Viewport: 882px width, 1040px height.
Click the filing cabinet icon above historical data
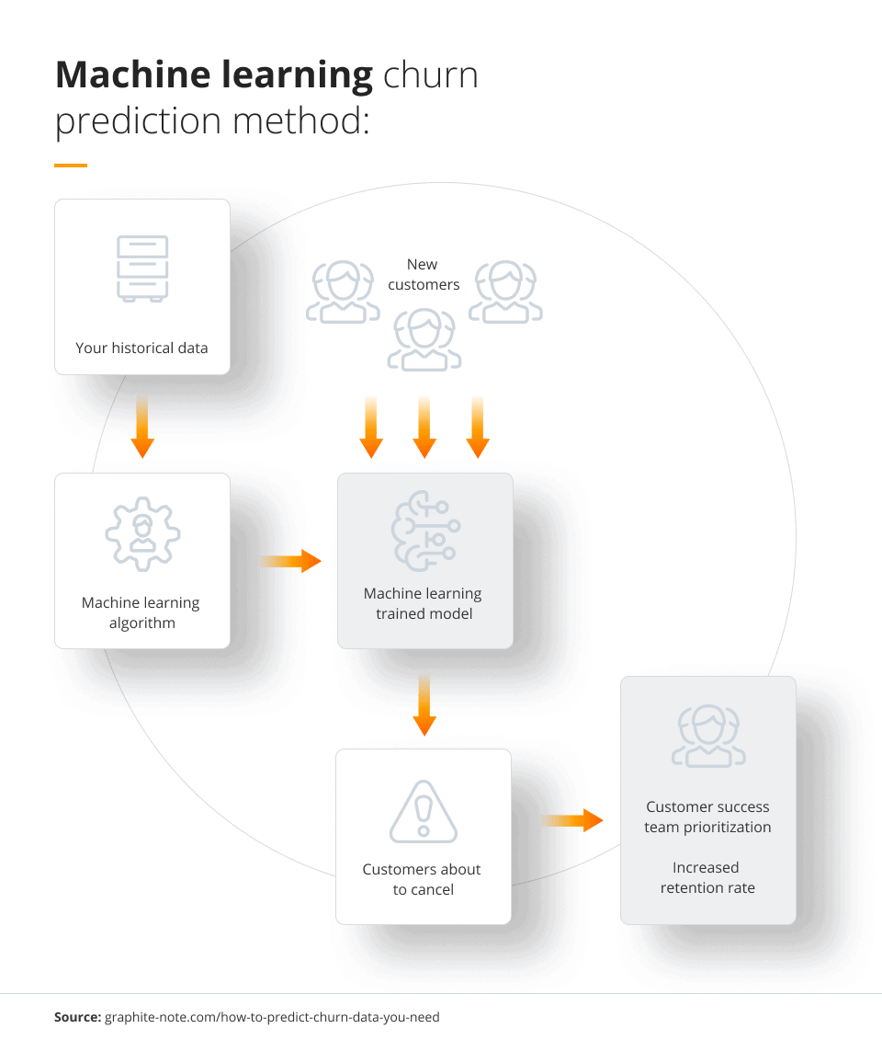[142, 269]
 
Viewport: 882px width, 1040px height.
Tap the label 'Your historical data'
[141, 348]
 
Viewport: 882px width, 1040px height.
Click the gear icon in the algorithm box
[142, 534]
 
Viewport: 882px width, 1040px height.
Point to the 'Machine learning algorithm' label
[141, 612]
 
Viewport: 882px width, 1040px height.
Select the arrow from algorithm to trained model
[290, 561]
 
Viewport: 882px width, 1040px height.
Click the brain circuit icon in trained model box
[424, 532]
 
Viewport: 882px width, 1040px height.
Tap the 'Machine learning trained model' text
[424, 603]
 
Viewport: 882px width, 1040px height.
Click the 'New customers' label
[423, 274]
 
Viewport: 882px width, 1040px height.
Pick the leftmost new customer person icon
[342, 292]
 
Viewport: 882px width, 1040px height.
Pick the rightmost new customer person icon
[505, 292]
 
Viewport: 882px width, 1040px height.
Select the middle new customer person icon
[424, 339]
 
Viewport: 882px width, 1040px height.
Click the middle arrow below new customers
[424, 427]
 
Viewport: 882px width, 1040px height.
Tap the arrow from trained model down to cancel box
[424, 704]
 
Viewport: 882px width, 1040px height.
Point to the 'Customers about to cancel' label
[423, 879]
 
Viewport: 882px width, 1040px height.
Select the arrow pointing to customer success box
[571, 819]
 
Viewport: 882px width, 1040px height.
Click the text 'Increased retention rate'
[707, 877]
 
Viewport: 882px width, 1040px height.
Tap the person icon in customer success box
[707, 737]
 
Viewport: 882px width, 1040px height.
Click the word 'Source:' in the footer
[76, 1017]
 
